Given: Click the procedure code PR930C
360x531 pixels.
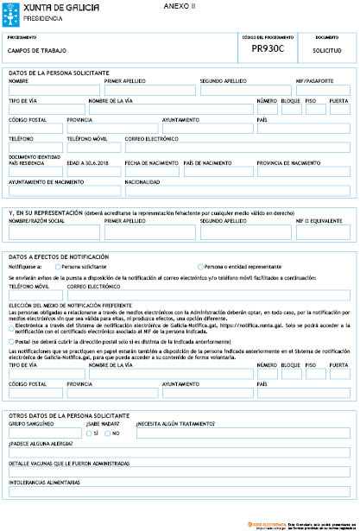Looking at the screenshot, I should tap(267, 50).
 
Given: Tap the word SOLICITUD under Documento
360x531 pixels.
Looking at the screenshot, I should tap(327, 51).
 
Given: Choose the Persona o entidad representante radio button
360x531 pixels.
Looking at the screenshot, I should tap(201, 267).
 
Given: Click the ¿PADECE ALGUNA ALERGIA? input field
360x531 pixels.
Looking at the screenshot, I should tap(179, 453).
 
